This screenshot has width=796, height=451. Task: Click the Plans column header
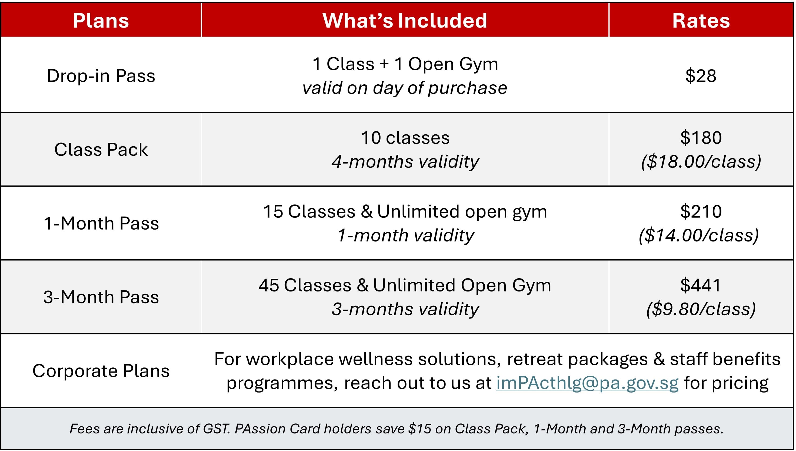click(101, 21)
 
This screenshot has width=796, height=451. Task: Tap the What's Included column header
click(405, 21)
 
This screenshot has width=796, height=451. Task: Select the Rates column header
click(701, 21)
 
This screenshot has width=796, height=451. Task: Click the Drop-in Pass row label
click(101, 76)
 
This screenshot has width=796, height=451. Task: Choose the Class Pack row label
click(101, 150)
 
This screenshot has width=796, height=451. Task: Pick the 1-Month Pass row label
click(101, 223)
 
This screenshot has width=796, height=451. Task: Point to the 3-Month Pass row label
click(101, 297)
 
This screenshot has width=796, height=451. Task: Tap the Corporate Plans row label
click(101, 371)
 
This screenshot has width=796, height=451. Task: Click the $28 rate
click(701, 76)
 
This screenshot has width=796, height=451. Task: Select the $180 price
click(701, 138)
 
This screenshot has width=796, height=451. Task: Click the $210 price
click(701, 211)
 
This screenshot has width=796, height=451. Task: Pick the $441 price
click(701, 285)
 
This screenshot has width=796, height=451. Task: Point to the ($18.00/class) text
click(701, 162)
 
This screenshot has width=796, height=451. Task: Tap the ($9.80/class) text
click(701, 309)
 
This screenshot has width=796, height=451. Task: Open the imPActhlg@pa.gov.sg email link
click(587, 383)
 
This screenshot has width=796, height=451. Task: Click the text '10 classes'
click(405, 138)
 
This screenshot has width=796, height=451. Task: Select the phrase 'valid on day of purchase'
click(405, 88)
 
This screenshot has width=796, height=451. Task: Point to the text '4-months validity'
click(405, 162)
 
